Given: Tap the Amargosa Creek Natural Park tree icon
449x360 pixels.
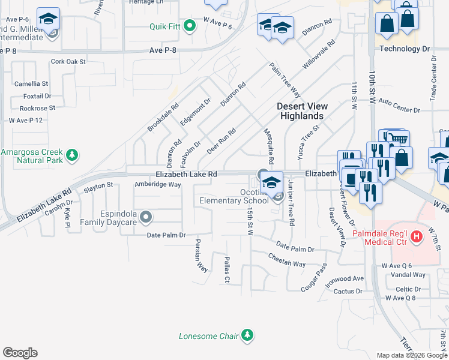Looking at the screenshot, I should pyautogui.click(x=72, y=156).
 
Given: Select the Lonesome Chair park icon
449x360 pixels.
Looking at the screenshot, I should pyautogui.click(x=247, y=335).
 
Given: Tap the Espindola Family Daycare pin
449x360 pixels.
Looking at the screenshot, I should pyautogui.click(x=145, y=216).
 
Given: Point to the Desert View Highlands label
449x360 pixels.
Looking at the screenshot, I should pyautogui.click(x=300, y=111).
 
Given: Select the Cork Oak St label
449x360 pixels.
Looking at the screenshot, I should pyautogui.click(x=68, y=61).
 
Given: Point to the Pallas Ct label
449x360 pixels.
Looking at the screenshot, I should pyautogui.click(x=227, y=269).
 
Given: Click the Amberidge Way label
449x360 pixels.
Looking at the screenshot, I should pyautogui.click(x=158, y=185).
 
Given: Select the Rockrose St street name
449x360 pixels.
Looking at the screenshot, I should pyautogui.click(x=37, y=108).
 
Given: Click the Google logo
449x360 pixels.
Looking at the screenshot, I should pyautogui.click(x=20, y=353).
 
